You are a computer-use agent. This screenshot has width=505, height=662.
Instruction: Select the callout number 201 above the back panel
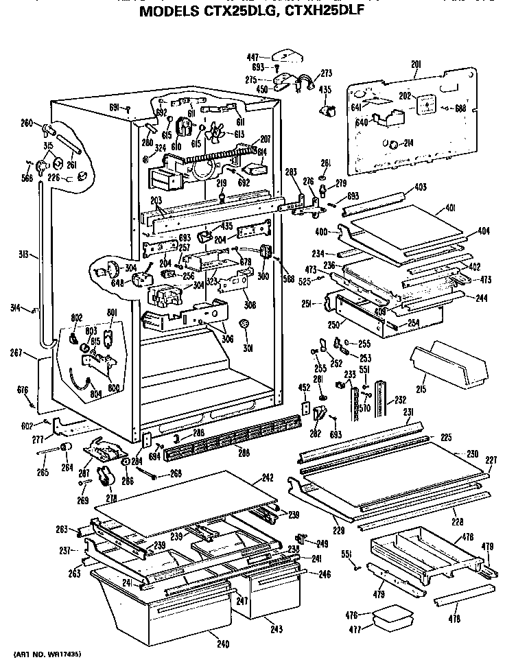point(416,64)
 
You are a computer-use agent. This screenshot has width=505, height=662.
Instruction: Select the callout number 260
point(26,123)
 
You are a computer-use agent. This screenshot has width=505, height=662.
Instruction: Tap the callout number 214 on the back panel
point(408,143)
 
